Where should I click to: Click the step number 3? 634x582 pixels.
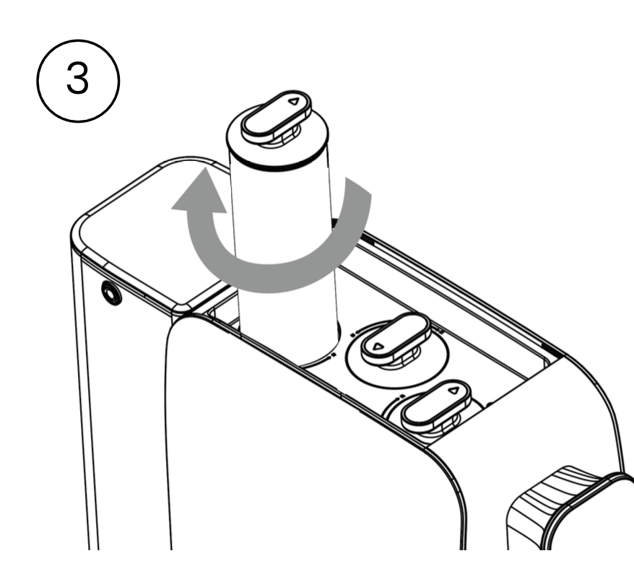point(77,79)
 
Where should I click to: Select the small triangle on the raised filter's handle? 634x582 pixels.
point(294,102)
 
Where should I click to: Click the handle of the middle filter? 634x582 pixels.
point(396,338)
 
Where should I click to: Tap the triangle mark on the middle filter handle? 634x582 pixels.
point(378,346)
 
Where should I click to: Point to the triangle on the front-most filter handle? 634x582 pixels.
point(454,391)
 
